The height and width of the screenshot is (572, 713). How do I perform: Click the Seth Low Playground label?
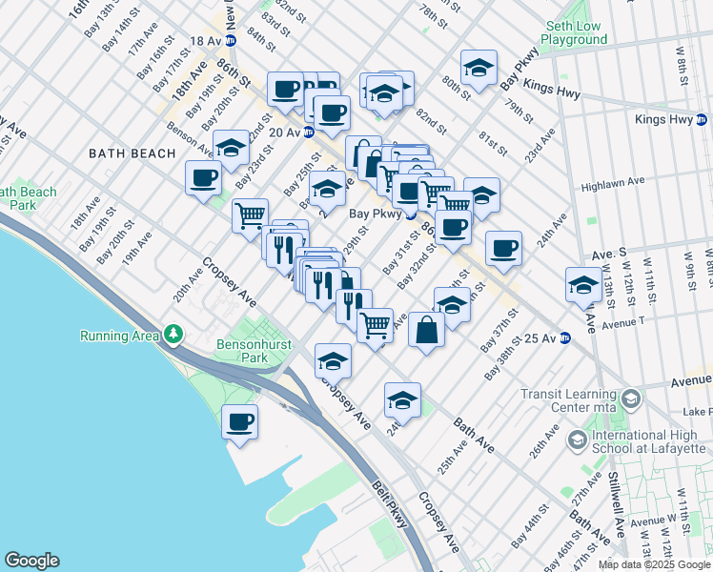click(x=574, y=32)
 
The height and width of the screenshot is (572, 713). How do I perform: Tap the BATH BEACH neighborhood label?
click(x=132, y=153)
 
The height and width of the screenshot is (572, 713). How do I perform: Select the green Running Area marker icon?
click(x=173, y=335)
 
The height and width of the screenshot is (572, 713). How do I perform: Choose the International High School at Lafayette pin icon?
click(x=578, y=439)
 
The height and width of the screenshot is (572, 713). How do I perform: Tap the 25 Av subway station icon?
click(x=564, y=337)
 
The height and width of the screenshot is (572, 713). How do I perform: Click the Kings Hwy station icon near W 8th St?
click(x=698, y=120)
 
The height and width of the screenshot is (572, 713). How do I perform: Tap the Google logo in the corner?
click(x=31, y=561)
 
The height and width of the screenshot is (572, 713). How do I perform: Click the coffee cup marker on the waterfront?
click(x=240, y=421)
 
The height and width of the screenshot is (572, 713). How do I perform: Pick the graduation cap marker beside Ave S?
click(x=584, y=285)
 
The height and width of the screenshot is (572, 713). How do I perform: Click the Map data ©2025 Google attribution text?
click(x=654, y=564)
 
